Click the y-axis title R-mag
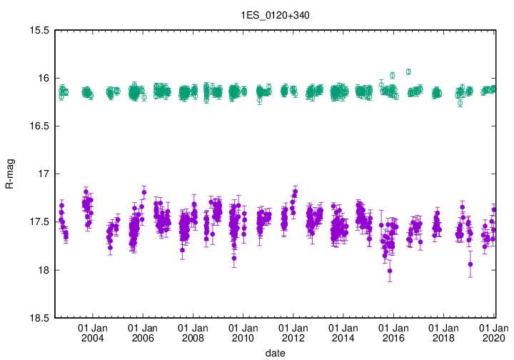coord(9,174)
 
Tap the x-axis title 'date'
coord(275,353)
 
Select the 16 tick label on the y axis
coord(42,79)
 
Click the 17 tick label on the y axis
coord(42,174)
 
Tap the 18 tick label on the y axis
coord(42,270)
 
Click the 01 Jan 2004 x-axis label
coord(92,332)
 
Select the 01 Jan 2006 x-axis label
coord(142,332)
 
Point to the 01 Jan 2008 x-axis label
coord(192,332)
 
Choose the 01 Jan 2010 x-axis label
coord(243,332)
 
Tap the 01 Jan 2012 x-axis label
coord(293,332)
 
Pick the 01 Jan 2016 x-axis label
coord(393,332)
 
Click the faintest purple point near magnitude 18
coord(390,271)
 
